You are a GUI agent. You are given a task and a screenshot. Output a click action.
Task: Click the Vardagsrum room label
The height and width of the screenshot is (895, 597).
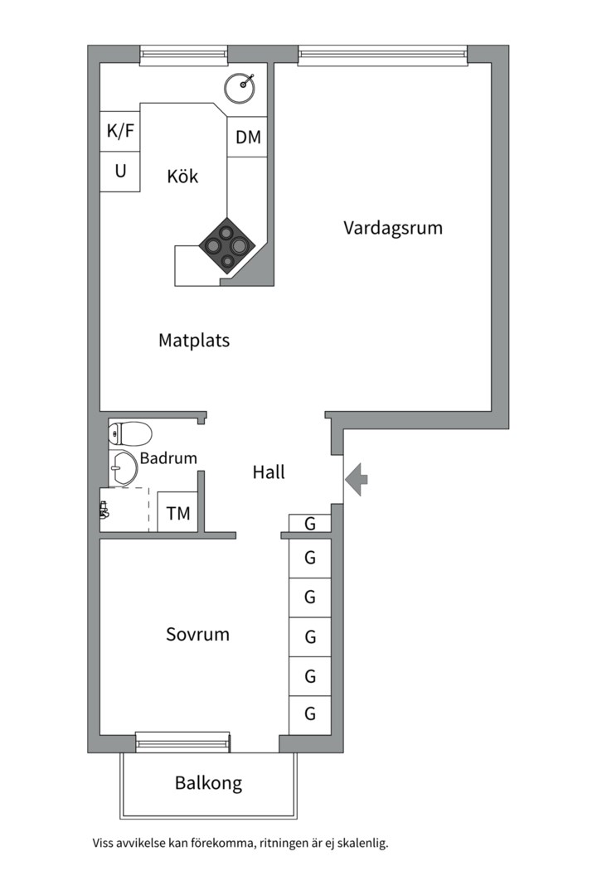tap(393, 228)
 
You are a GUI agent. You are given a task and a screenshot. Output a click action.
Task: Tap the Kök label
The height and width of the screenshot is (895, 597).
tap(182, 177)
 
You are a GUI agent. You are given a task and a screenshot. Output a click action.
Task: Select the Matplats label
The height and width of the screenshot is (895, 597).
tap(194, 340)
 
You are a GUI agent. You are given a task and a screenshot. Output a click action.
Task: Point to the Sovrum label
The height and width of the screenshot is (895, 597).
tap(197, 635)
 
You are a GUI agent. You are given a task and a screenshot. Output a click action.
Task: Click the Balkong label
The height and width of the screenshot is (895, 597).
tap(208, 783)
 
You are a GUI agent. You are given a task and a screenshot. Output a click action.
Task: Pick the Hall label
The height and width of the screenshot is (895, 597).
tap(269, 472)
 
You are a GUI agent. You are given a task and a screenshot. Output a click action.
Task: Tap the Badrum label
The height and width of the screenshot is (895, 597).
tap(168, 457)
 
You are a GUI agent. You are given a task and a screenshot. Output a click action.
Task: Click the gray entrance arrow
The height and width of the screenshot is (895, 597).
tap(357, 480)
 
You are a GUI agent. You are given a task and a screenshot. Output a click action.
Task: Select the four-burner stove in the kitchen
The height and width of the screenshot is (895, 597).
tap(226, 245)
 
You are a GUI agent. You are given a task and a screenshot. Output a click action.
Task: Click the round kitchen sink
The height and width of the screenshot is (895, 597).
tap(241, 86)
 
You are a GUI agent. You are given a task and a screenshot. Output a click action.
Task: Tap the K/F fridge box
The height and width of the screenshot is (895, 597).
tap(120, 131)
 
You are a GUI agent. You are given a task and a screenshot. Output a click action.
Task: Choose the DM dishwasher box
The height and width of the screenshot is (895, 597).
tap(248, 138)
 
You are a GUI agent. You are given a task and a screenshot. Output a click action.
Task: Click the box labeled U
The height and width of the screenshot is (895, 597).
tap(120, 172)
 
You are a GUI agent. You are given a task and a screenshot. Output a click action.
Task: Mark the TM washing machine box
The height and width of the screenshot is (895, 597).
tap(177, 513)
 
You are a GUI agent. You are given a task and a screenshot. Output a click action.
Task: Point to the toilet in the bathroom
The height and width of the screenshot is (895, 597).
tap(131, 433)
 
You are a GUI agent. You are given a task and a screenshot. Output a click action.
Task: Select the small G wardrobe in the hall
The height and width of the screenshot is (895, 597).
tap(310, 523)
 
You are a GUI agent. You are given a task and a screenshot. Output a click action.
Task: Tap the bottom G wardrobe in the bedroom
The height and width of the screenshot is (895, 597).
tap(310, 714)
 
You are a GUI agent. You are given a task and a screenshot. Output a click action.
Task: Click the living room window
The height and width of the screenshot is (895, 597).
tap(383, 56)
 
